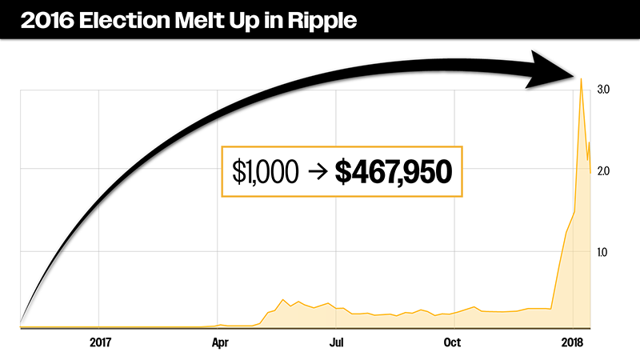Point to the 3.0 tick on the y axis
pyautogui.click(x=604, y=90)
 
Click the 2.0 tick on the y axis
pyautogui.click(x=604, y=171)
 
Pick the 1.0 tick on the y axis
pyautogui.click(x=604, y=253)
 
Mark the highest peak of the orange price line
pyautogui.click(x=581, y=78)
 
